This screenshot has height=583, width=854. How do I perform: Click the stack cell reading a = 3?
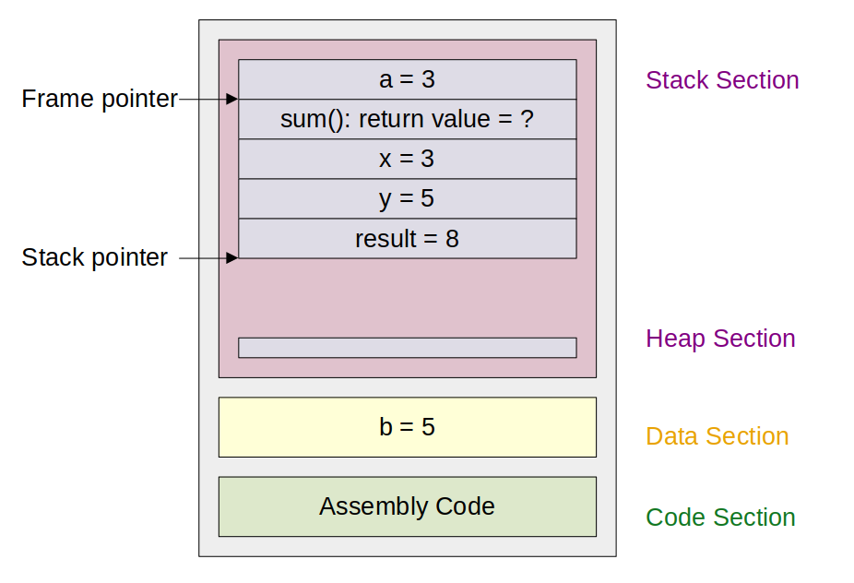tap(408, 79)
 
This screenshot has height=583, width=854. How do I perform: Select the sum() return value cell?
tap(408, 119)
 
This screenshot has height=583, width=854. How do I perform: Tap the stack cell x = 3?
tap(408, 159)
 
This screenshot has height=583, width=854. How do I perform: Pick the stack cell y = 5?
tap(408, 199)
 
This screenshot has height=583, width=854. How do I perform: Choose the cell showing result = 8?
tap(408, 239)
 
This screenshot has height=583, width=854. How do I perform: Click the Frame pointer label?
tap(100, 99)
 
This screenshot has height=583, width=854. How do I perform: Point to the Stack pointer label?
tap(95, 257)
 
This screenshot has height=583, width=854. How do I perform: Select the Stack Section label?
tap(722, 80)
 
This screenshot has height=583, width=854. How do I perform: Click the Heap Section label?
tap(720, 339)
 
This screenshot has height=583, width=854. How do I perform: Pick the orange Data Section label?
tap(718, 436)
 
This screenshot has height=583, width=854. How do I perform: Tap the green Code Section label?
tap(720, 518)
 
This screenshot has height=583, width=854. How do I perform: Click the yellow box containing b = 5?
tap(408, 427)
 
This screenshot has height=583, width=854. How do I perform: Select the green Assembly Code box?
tap(408, 506)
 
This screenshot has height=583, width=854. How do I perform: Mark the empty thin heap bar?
tap(408, 348)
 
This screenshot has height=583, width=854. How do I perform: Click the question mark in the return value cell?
tap(527, 119)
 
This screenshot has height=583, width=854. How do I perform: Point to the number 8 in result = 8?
tap(452, 239)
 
